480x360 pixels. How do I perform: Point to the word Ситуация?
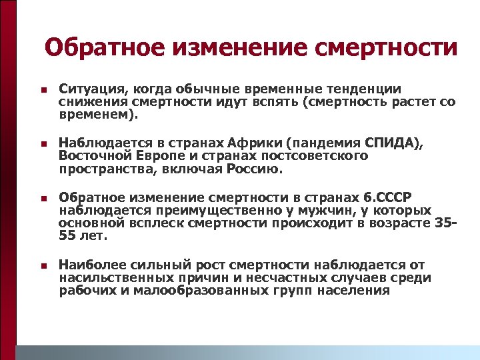pos(87,89)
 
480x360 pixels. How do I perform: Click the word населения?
pos(352,291)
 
